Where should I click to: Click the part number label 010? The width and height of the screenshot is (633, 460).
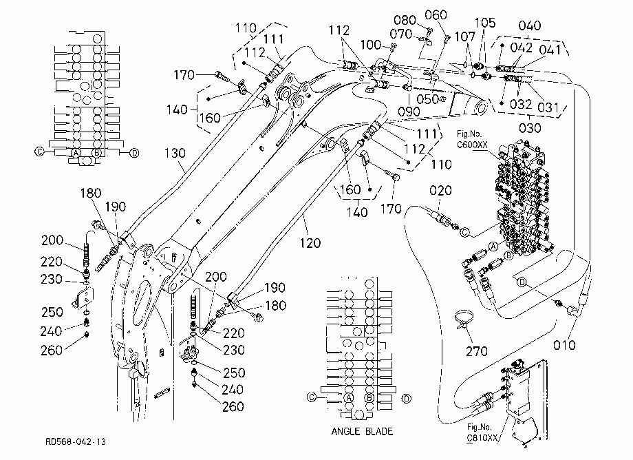(564, 345)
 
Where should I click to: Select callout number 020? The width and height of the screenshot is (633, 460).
(440, 190)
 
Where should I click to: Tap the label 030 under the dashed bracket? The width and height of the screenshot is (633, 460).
(530, 128)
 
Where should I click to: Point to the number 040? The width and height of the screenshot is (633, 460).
(530, 25)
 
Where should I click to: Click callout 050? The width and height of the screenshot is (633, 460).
(427, 99)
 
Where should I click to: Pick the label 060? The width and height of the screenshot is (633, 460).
(436, 15)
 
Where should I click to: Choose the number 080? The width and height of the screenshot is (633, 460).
(405, 20)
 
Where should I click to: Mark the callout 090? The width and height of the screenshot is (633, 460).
(409, 112)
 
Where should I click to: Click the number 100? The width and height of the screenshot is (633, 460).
(371, 45)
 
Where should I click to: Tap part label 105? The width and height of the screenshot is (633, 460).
(485, 23)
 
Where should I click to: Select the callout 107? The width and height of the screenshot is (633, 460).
(465, 36)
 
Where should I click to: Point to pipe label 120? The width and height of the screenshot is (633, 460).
(310, 242)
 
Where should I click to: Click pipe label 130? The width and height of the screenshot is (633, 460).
(175, 153)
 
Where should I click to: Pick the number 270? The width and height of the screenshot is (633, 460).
(477, 351)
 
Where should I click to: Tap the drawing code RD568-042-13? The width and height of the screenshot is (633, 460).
(76, 441)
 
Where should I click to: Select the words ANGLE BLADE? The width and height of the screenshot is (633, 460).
(362, 431)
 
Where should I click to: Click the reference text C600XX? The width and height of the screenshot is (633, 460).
(472, 145)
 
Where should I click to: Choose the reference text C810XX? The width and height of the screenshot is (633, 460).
(482, 438)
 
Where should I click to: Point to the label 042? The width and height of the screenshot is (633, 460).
(521, 48)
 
